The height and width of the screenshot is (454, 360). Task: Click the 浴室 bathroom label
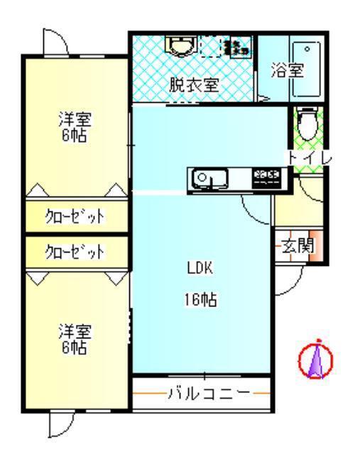click(x=288, y=70)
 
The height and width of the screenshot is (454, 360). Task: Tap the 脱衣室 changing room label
click(x=194, y=85)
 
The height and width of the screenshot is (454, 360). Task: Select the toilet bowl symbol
click(x=308, y=123)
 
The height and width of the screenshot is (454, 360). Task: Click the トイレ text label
click(x=310, y=158)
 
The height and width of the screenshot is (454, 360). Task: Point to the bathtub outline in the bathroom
click(x=307, y=70)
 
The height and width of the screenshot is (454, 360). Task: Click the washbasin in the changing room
click(x=180, y=45)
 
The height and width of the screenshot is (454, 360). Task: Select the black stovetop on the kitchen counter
click(x=267, y=179)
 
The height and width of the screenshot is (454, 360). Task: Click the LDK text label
click(x=200, y=268)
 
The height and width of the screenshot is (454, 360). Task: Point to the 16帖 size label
click(x=200, y=299)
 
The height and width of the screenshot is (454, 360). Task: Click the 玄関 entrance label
click(x=298, y=246)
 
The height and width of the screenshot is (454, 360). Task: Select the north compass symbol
click(x=316, y=360)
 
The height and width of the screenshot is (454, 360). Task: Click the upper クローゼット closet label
click(x=75, y=216)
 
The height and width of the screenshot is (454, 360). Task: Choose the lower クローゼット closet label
click(x=75, y=252)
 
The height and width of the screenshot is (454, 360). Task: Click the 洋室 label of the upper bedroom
click(x=75, y=119)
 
